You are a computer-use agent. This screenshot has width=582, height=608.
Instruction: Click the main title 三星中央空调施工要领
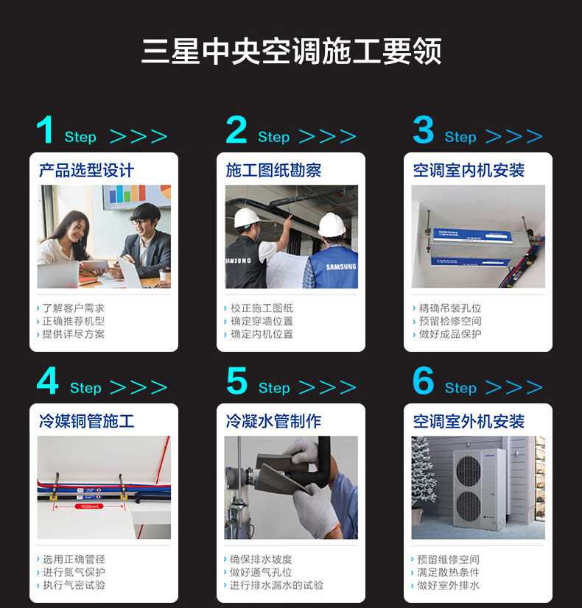pos(292,51)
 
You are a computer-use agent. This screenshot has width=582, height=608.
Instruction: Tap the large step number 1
pos(46,130)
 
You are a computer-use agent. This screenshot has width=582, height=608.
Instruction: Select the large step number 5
pos(236,381)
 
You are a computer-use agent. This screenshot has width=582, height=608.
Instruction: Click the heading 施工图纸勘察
pos(273,170)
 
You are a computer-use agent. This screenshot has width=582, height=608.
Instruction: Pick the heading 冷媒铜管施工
pos(86,421)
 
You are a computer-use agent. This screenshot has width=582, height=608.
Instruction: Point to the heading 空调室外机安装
pos(469,421)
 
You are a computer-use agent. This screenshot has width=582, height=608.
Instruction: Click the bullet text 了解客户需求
pos(74,308)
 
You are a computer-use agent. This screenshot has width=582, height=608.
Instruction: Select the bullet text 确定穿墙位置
pos(262,321)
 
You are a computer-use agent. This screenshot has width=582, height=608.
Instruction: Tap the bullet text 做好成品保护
pos(450,334)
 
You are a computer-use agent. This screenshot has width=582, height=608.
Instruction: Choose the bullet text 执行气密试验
pos(74,585)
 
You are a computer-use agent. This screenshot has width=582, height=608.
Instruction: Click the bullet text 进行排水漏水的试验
pos(276,585)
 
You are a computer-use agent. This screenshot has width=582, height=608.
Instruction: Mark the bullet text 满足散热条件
pos(448,573)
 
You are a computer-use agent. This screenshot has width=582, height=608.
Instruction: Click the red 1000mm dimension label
pos(89,506)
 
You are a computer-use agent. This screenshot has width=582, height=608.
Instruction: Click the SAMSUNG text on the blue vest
pos(340,266)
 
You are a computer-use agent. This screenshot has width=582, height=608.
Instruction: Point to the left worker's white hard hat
pos(247,218)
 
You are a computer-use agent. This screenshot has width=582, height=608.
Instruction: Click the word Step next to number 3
pos(460,137)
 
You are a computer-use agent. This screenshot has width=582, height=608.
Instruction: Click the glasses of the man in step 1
pos(140,222)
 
